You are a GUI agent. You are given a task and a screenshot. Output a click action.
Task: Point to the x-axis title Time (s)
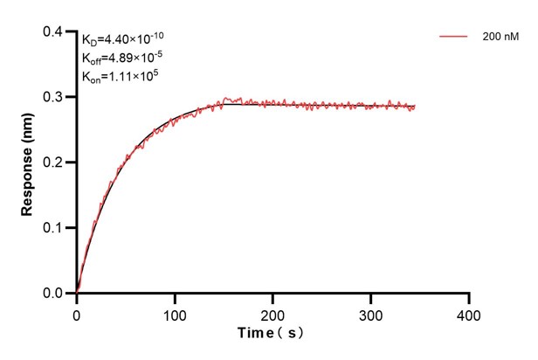(272, 334)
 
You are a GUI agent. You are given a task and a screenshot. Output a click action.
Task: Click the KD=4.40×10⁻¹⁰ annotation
(123, 38)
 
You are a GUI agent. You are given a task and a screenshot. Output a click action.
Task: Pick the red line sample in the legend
(454, 38)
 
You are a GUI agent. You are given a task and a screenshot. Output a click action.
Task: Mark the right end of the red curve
(415, 107)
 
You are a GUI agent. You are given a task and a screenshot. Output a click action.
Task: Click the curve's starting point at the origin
(77, 293)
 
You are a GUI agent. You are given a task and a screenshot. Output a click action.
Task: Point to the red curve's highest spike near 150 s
(227, 98)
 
